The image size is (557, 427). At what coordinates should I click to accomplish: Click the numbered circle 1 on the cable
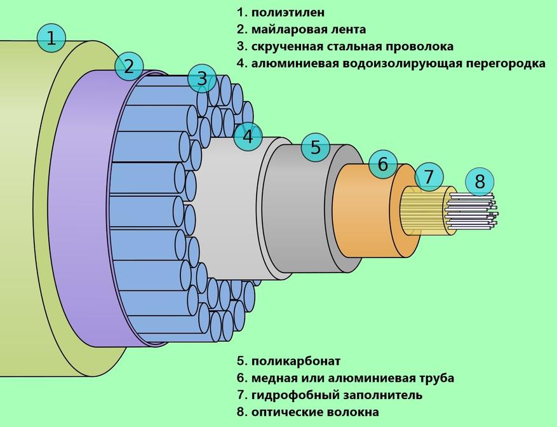(x=51, y=38)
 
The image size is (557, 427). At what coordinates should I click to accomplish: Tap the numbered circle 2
(x=129, y=66)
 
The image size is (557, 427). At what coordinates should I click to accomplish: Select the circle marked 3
(x=201, y=79)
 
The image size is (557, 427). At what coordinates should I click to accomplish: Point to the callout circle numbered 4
(x=248, y=136)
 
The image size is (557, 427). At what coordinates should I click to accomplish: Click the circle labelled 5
(x=316, y=148)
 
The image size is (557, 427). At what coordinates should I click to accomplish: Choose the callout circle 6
(x=382, y=164)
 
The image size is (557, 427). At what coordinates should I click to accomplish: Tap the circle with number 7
(x=429, y=176)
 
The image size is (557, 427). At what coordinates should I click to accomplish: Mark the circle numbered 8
(x=480, y=182)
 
